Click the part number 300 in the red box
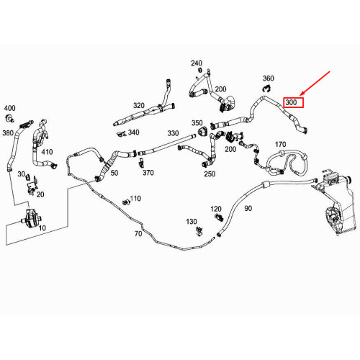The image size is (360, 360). [x=292, y=102]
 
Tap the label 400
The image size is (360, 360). [x=9, y=107]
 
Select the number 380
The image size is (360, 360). [x=9, y=132]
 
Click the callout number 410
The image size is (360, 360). [x=48, y=152]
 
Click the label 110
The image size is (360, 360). [x=135, y=198]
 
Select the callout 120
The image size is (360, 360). [x=216, y=209]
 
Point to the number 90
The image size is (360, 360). [x=248, y=209]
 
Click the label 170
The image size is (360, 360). [x=280, y=145]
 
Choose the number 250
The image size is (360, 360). [x=210, y=174]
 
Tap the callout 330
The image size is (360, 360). [x=173, y=133]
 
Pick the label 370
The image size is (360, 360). [x=148, y=173]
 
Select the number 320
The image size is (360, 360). [x=139, y=104]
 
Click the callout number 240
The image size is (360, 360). [x=197, y=63]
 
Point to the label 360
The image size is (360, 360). [x=268, y=78]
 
